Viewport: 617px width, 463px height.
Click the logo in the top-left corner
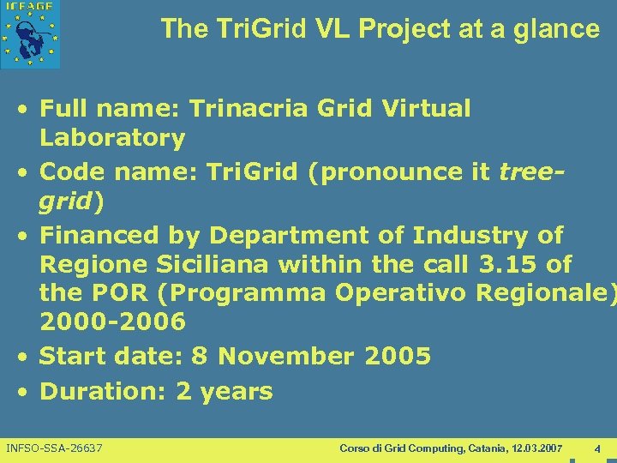point(31,34)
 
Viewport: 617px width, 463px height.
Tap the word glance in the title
point(558,29)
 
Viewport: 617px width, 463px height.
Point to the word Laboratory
point(112,137)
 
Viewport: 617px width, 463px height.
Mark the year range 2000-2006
point(112,322)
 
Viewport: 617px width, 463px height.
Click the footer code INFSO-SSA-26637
point(54,448)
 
